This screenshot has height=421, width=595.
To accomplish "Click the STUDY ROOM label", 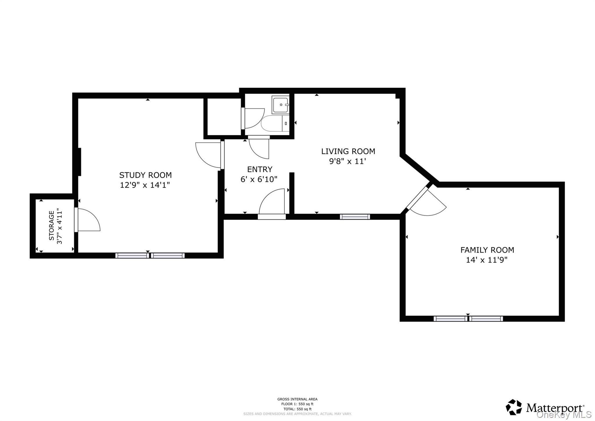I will (x=145, y=175).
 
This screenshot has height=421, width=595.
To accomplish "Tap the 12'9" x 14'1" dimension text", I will (x=145, y=185).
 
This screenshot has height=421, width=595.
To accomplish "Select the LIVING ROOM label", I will (x=348, y=151).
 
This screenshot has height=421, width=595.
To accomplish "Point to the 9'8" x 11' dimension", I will (x=347, y=161).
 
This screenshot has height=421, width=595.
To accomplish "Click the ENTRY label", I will (x=259, y=169).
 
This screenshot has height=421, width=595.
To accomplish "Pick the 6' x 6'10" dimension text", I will (x=259, y=179).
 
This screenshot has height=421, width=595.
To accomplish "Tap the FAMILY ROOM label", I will (x=487, y=250).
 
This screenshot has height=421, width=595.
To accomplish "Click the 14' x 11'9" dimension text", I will (x=487, y=260).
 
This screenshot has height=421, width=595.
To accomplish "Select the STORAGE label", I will (x=51, y=225).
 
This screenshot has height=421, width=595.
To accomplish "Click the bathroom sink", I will (x=281, y=104).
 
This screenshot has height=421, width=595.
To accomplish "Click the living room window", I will (x=355, y=216).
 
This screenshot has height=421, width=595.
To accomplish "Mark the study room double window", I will (x=150, y=255).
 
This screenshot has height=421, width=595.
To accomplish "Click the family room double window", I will (x=468, y=319).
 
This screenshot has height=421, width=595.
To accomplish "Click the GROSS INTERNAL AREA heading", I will (x=297, y=399).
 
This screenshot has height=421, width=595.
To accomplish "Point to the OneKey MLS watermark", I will (x=564, y=415).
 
